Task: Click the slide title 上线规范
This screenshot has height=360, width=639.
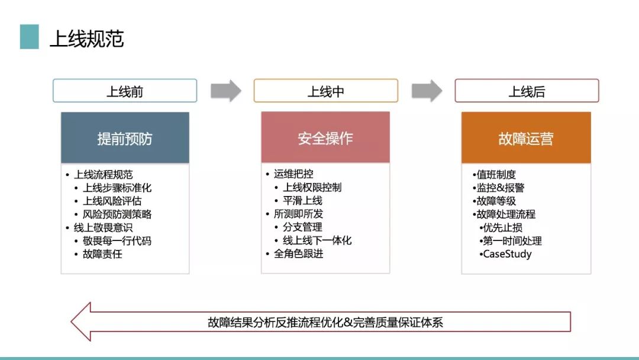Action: click(x=86, y=38)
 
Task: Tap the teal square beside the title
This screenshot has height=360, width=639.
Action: click(x=30, y=37)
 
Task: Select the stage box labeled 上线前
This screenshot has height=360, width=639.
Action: click(x=125, y=91)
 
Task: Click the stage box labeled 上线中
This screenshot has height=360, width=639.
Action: click(x=325, y=91)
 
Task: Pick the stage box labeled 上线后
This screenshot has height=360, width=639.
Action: click(x=527, y=91)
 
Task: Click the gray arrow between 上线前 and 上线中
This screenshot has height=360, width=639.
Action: click(x=226, y=91)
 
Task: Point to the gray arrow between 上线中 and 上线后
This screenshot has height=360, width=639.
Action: click(x=427, y=91)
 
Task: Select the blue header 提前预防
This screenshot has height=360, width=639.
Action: click(x=125, y=138)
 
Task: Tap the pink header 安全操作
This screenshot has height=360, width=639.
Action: click(x=325, y=137)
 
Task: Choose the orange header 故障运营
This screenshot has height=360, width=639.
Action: click(x=526, y=138)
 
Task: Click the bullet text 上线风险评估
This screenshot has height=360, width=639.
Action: click(x=112, y=201)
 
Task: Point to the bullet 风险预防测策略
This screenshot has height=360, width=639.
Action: click(x=117, y=214)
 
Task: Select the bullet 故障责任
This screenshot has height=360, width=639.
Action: click(x=102, y=254)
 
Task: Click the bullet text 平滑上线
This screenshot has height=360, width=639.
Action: click(x=302, y=201)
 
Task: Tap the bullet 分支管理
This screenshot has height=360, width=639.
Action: click(x=302, y=227)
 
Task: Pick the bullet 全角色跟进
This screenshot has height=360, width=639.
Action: click(x=298, y=253)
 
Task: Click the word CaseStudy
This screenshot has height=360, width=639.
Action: click(x=508, y=254)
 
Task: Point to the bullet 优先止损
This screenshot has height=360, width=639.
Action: click(x=502, y=227)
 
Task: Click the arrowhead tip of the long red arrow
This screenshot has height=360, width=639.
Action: click(x=72, y=322)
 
